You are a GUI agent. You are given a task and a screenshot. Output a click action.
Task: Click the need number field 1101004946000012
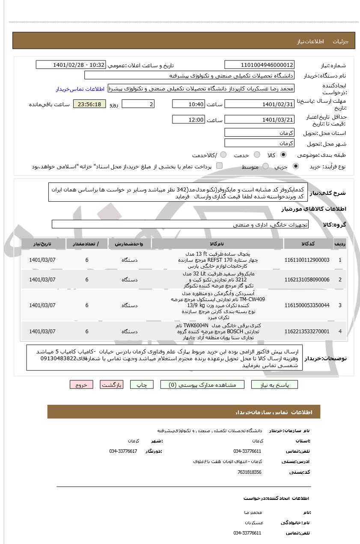click(259, 65)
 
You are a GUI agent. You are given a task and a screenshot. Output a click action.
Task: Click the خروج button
click(81, 385)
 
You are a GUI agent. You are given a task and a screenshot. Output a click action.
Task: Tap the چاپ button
click(142, 385)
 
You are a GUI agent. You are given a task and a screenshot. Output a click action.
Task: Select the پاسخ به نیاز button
click(275, 385)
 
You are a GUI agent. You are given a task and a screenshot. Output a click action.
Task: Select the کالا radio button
click(283, 155)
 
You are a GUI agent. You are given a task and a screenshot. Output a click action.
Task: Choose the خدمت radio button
click(257, 155)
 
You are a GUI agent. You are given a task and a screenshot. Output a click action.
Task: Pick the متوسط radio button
click(265, 166)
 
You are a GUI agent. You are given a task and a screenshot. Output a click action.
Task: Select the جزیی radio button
click(295, 166)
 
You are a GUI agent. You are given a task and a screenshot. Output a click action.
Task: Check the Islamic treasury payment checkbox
click(219, 166)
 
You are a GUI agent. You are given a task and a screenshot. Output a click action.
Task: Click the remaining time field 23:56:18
click(89, 104)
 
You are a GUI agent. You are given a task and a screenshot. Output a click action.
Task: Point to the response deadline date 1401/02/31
click(259, 104)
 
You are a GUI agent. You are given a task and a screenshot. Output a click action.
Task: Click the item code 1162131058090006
click(306, 280)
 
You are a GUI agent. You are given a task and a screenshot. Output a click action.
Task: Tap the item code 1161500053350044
click(306, 305)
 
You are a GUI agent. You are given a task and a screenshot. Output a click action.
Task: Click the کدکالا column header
click(308, 244)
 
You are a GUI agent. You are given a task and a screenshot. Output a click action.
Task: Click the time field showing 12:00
click(188, 120)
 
